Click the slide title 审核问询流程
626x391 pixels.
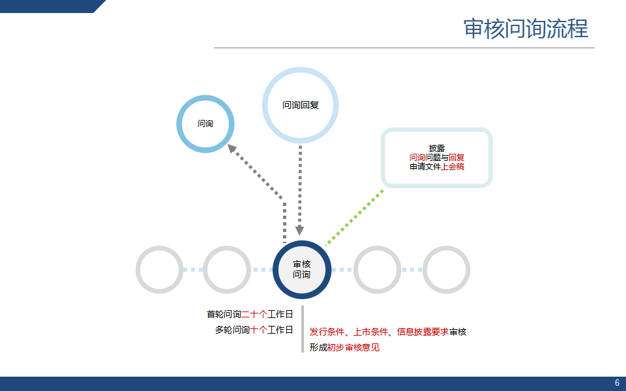point(526,29)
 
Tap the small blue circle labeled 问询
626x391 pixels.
point(205,124)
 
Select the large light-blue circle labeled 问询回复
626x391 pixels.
point(301,105)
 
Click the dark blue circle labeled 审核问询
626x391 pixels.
point(302,270)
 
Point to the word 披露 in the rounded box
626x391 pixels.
point(437,148)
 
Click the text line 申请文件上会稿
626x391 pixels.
point(437,167)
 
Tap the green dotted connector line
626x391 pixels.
point(355,216)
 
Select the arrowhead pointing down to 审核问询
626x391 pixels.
point(300,230)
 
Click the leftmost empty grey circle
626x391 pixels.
point(160,270)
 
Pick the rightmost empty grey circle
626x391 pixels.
point(447,270)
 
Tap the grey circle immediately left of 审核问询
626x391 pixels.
point(227,270)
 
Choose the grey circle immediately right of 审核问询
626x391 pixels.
point(378,270)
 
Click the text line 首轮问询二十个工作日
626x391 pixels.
point(250,314)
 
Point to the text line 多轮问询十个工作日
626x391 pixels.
point(254,330)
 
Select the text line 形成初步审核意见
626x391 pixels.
point(344,348)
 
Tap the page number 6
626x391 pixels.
point(617,383)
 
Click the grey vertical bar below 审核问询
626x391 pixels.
point(303,329)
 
